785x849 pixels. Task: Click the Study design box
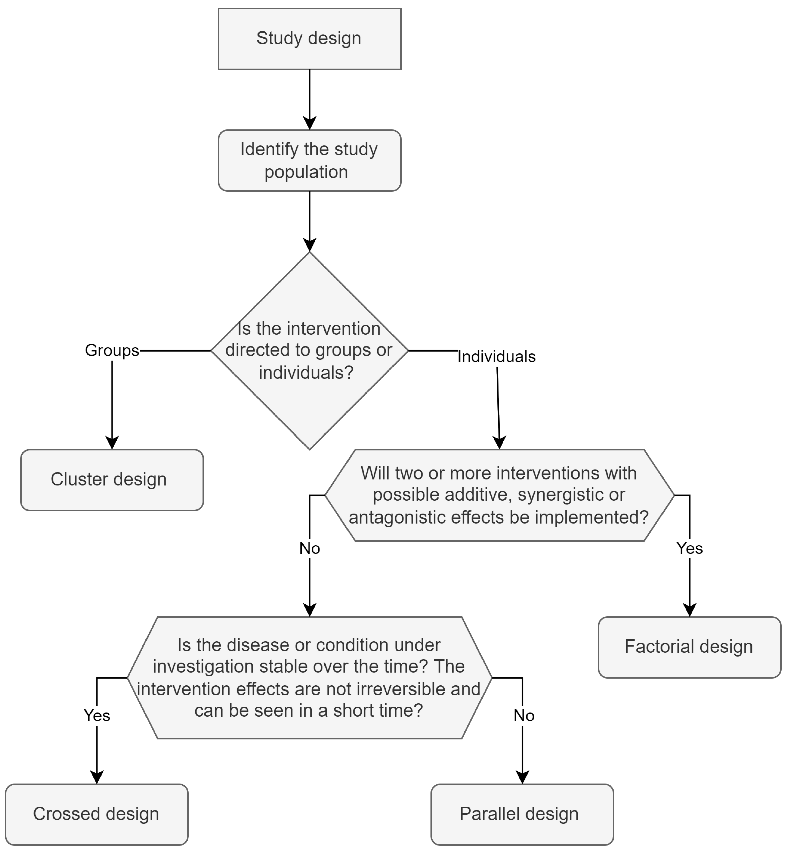tap(309, 39)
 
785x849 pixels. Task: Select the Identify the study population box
tap(309, 161)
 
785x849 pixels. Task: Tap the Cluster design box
tap(112, 480)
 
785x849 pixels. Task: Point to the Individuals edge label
tap(496, 357)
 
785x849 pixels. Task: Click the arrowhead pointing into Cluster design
tap(112, 443)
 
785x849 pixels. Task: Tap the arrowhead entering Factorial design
tap(689, 610)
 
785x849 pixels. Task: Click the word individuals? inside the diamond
tap(306, 373)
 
